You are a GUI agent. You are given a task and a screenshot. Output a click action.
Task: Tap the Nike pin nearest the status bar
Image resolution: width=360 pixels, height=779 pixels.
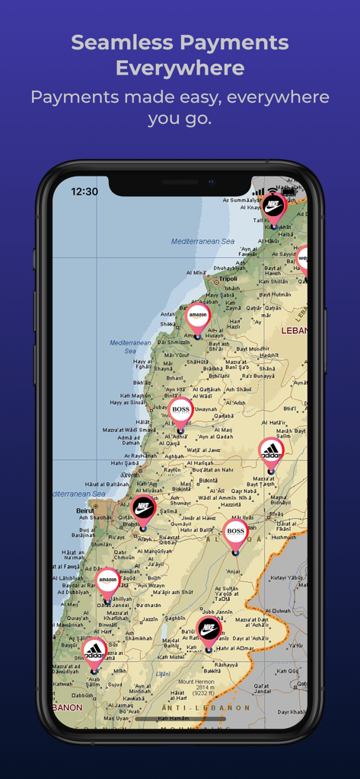coord(274,205)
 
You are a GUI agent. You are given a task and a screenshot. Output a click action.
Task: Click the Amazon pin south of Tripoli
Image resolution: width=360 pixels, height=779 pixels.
coord(198,316)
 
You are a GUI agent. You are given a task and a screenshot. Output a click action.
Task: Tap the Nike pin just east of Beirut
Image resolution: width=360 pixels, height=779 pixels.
coord(143,508)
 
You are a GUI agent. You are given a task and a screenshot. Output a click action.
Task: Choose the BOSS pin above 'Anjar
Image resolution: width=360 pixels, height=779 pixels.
coord(235,531)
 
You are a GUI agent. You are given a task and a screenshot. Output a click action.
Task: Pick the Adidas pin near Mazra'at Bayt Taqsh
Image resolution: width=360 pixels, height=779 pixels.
coord(271,450)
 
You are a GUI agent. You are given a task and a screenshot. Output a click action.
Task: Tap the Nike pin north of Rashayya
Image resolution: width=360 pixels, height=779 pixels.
coord(209,629)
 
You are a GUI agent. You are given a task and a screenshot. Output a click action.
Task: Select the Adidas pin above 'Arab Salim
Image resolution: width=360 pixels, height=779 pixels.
coord(94,651)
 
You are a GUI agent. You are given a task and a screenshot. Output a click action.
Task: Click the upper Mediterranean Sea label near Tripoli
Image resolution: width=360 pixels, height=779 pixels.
coord(203,241)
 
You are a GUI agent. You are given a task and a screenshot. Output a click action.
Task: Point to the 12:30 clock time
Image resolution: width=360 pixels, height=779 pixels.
coord(84,192)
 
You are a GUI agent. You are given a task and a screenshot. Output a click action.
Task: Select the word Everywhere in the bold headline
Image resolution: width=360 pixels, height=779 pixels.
coord(180,68)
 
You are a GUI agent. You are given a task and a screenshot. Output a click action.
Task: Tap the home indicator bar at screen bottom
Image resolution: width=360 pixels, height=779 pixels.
coord(180,718)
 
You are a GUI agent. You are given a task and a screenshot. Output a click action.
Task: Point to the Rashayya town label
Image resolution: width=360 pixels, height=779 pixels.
coord(226,665)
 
